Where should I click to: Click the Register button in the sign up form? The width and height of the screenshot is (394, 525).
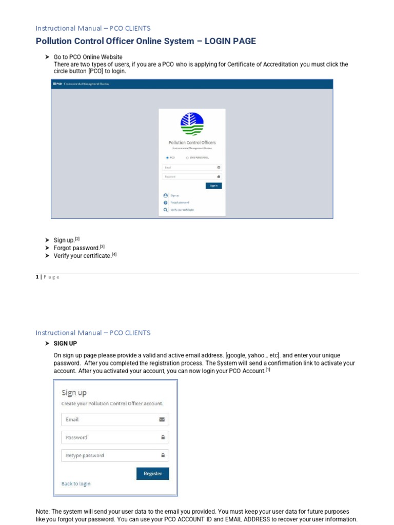pos(152,474)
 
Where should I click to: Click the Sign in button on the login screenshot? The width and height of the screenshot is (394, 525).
pos(213,186)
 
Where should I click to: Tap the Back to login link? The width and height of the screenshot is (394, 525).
pos(76,483)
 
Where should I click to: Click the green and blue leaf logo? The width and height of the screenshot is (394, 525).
pos(192,125)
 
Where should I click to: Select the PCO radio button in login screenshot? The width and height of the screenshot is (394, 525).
pos(167,158)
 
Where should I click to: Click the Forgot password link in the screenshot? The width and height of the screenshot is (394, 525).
pos(180,203)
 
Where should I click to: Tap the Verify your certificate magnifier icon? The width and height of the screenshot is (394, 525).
pos(165,210)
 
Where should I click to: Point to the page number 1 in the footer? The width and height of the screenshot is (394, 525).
pos(37,277)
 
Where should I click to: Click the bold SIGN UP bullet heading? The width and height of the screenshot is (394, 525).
pos(65,344)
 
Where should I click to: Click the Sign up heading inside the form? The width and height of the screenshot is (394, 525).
pos(74,393)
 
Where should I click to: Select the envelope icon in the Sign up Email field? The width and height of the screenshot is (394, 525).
pos(162,419)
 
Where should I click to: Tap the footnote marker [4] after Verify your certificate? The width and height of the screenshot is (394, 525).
pos(114,255)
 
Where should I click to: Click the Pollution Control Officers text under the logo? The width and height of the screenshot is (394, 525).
pos(192,143)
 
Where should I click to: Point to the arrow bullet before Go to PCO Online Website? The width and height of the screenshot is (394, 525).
pos(47,57)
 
